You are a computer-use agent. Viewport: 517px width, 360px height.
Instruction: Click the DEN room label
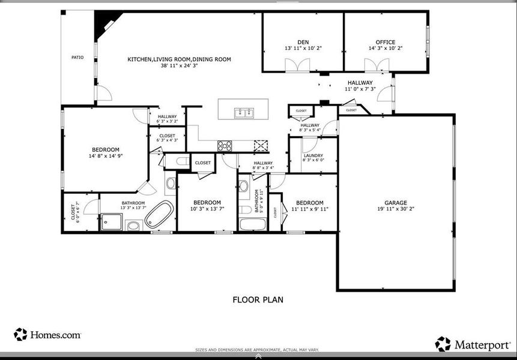tap(303, 42)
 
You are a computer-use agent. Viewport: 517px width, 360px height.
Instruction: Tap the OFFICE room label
tap(385, 42)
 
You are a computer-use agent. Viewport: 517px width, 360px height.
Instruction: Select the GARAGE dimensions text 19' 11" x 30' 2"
tap(396, 209)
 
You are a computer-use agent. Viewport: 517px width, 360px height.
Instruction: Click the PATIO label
tap(77, 58)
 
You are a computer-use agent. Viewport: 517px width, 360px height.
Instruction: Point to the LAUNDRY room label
tap(313, 155)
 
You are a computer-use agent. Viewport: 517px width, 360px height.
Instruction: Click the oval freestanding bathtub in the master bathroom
tap(159, 214)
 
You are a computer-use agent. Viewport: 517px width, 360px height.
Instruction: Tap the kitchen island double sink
tap(244, 112)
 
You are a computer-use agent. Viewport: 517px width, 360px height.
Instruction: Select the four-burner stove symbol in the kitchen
tap(225, 145)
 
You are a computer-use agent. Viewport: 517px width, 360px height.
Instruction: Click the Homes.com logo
tap(47, 335)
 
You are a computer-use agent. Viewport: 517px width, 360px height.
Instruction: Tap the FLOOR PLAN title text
tap(258, 299)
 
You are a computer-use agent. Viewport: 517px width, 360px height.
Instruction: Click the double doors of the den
tap(297, 65)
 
